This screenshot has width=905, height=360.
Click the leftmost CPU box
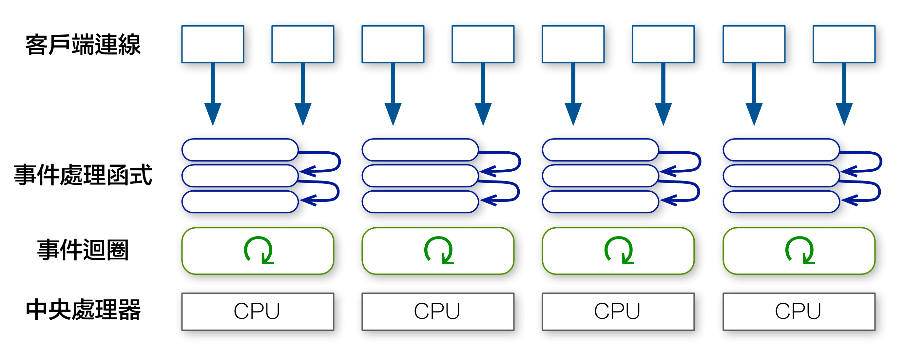pos(258,312)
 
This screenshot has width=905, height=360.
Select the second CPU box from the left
pos(438,312)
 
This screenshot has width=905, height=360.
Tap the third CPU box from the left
pos(618,312)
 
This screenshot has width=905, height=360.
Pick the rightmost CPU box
pos(799,312)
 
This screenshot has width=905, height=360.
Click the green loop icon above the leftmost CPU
pos(259,250)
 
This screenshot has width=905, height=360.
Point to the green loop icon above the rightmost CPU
pos(800,250)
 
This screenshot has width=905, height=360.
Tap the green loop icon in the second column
pos(439,250)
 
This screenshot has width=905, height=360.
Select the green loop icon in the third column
pos(619,250)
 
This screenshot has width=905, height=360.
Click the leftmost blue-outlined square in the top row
pos(213,44)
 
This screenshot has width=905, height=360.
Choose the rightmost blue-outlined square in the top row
pos(844,44)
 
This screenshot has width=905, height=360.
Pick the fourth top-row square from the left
pos(483,44)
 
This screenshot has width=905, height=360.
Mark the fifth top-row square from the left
pos(573,44)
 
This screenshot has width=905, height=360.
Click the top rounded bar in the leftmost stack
pos(240,150)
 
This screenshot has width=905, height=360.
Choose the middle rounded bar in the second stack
pos(420,176)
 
